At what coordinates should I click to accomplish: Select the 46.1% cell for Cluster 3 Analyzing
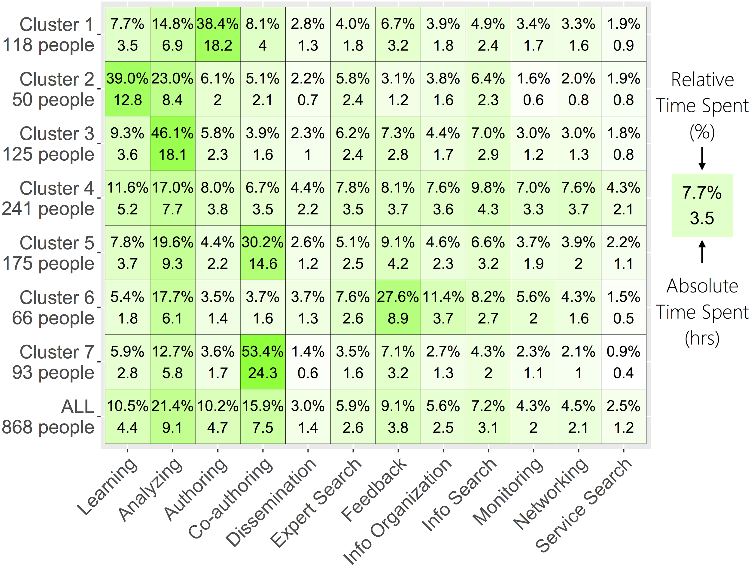pos(172,144)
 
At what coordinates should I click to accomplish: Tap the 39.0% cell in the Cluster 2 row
pos(127,89)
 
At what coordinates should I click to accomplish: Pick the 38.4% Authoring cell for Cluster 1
pos(217,34)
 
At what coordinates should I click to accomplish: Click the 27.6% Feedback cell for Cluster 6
pos(398,307)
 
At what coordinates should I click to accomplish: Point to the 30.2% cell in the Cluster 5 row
pos(263,253)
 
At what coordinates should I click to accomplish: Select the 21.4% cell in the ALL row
pos(172,416)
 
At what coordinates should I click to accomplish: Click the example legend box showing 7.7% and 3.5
pos(702,205)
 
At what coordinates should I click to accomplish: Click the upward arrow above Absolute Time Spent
pos(702,251)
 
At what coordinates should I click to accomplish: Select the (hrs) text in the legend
pos(702,338)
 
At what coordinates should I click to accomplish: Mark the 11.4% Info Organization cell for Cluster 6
pos(443,307)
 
